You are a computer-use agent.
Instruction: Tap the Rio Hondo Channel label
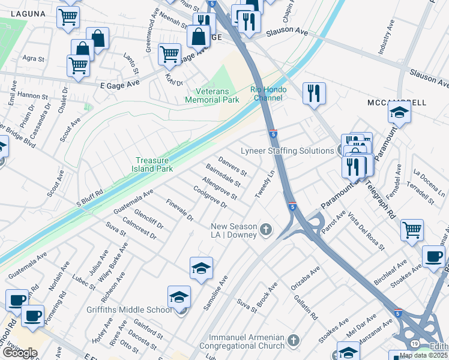(x=268, y=94)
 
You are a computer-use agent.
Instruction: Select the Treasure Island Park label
(x=154, y=164)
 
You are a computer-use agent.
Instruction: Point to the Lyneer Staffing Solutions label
(x=287, y=151)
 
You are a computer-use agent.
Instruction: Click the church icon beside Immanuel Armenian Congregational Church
(x=293, y=341)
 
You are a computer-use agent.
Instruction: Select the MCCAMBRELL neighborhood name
(x=396, y=103)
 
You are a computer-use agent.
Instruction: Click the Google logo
(x=19, y=353)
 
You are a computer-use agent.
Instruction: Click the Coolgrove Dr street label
(x=210, y=197)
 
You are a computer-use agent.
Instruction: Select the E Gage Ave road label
(x=119, y=85)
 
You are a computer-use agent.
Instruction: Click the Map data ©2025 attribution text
(x=423, y=355)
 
